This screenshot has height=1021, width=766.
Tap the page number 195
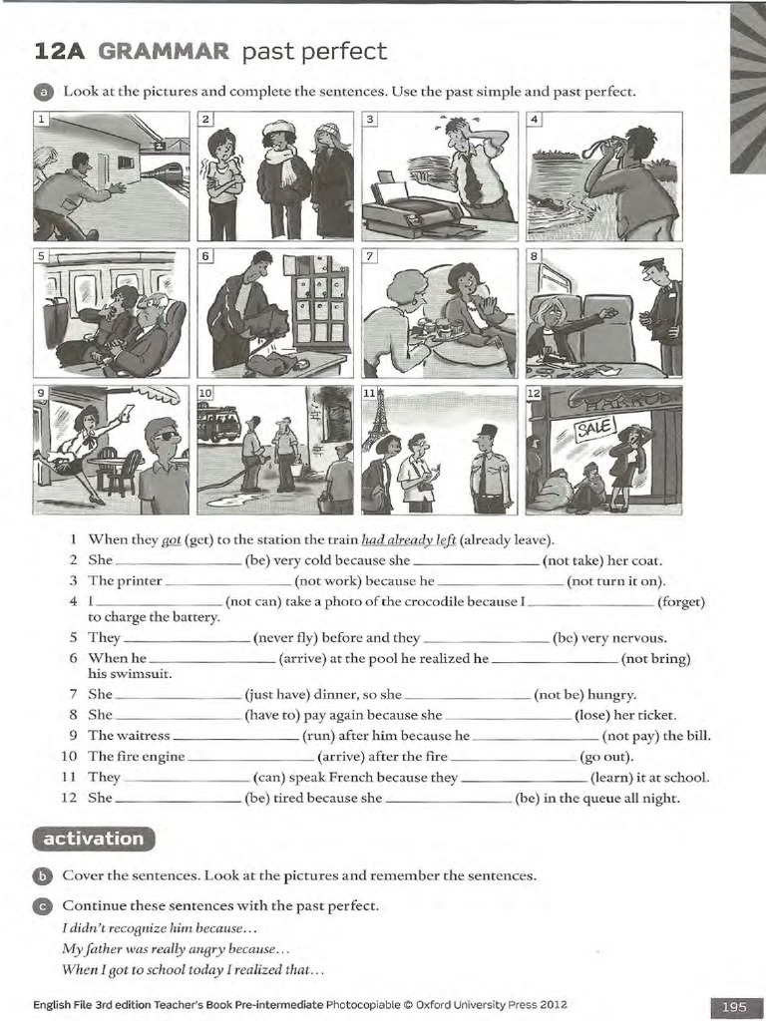tap(734, 1007)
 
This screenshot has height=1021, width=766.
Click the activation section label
tap(94, 839)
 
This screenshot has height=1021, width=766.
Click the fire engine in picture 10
tap(218, 424)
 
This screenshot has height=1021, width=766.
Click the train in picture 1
tap(164, 171)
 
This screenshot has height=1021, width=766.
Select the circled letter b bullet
tap(41, 876)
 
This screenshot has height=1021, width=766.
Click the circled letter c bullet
tap(41, 906)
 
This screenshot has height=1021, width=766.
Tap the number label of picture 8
tap(534, 256)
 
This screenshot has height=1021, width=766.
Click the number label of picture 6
tap(206, 256)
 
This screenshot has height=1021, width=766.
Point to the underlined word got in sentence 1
tap(171, 539)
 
